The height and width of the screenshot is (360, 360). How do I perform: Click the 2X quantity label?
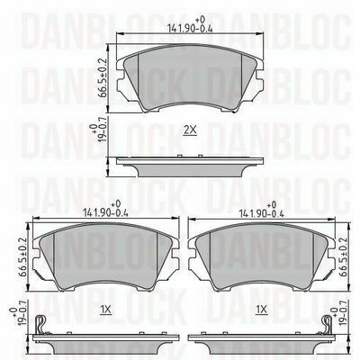point(190,130)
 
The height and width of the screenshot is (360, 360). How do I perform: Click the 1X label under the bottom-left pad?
point(105,310)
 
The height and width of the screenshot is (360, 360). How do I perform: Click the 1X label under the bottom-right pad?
point(261,310)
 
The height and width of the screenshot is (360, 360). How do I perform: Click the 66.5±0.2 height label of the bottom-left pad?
point(22,257)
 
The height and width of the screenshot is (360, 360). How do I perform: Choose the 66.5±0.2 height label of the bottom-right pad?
point(343,257)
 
